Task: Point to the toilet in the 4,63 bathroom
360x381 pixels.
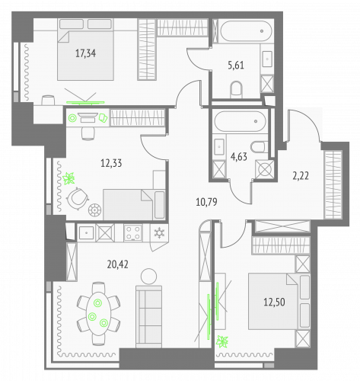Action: point(258,147)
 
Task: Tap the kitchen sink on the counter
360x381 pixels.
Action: point(88,232)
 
